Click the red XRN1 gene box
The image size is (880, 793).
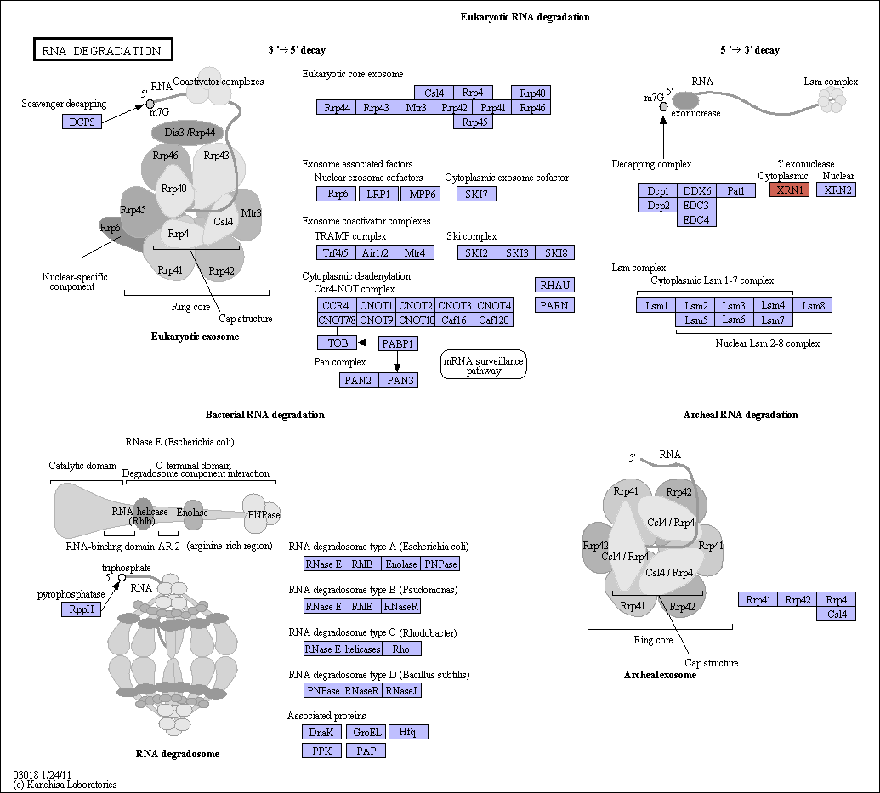(x=789, y=190)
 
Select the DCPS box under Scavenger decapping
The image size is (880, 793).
(x=82, y=122)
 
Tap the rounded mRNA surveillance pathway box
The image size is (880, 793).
(x=483, y=365)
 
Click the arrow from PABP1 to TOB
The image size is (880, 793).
(x=367, y=343)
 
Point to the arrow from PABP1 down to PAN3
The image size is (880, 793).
(x=397, y=361)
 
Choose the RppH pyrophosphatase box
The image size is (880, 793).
(x=82, y=609)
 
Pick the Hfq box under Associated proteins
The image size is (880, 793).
(x=408, y=732)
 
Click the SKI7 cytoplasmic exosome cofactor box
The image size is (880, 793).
(x=476, y=194)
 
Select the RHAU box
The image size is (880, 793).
(x=554, y=285)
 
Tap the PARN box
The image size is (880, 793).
(x=554, y=305)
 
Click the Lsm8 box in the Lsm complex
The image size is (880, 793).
(x=813, y=305)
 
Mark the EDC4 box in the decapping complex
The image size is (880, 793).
(x=696, y=220)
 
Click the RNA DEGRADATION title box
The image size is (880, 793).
(x=103, y=49)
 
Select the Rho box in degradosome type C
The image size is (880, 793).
(x=401, y=649)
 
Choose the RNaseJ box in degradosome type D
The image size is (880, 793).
(x=401, y=690)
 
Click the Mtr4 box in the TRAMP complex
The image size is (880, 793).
(x=414, y=252)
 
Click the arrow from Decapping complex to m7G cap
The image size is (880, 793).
(x=663, y=137)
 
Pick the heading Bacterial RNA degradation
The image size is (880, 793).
(x=265, y=415)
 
